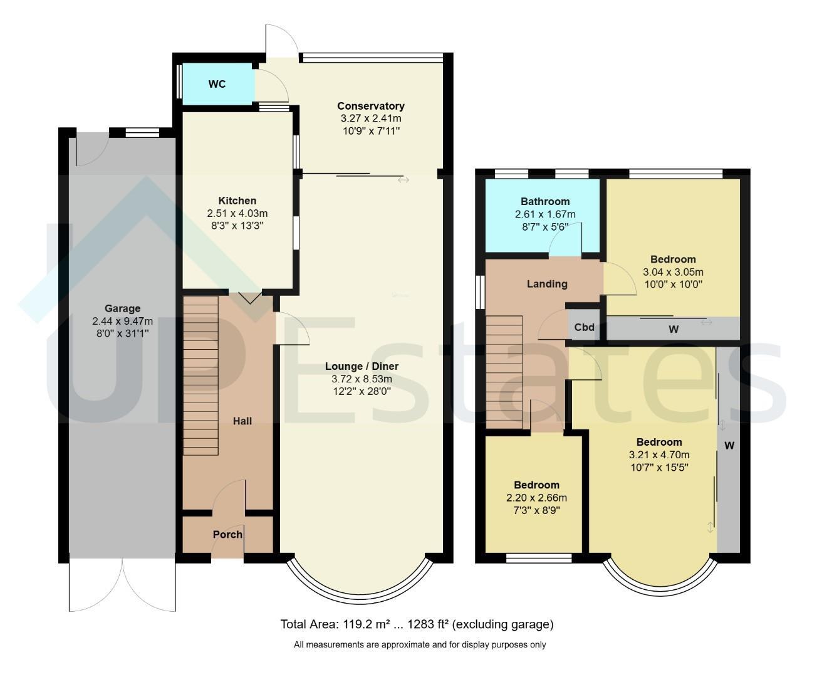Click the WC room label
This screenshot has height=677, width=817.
click(217, 84)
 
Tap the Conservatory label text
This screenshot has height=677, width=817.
click(370, 106)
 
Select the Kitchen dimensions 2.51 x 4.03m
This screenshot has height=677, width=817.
click(237, 213)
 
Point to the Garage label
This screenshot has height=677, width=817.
click(122, 308)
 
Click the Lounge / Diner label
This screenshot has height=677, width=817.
click(362, 367)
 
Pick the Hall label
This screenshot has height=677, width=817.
click(242, 421)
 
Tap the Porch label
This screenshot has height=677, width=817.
click(227, 535)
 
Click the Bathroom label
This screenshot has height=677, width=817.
click(545, 202)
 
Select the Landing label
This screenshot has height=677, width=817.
click(547, 284)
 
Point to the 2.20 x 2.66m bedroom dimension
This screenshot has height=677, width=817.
click(536, 498)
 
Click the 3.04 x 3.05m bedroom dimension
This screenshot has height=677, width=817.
click(673, 272)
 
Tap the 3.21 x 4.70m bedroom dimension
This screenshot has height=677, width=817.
click(659, 455)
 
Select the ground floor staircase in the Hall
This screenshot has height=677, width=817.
click(200, 375)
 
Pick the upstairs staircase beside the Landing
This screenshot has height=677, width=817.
click(504, 372)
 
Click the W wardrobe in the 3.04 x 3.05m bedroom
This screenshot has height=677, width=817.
click(673, 328)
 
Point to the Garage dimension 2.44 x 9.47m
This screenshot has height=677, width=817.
click(122, 321)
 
